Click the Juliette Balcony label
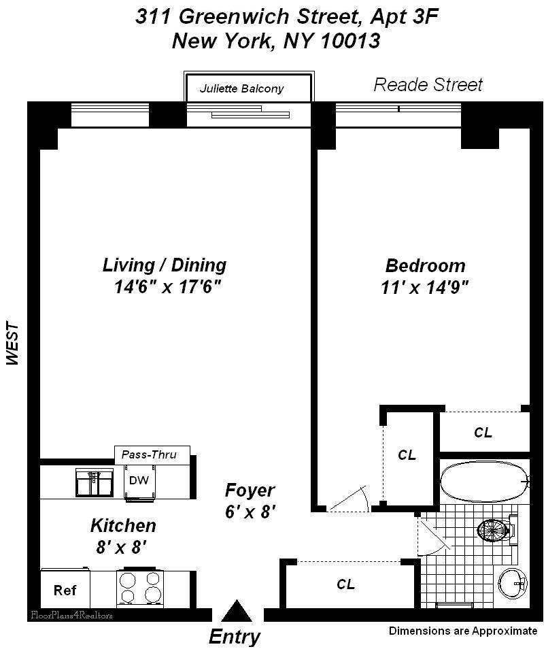241,88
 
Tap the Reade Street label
428,84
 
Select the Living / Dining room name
165,265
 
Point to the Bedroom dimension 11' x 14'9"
426,287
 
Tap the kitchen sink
94,482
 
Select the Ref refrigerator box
65,590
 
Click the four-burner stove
141,588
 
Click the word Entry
234,637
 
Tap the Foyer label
250,490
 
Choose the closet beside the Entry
345,584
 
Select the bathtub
483,482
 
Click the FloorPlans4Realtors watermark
71,615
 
